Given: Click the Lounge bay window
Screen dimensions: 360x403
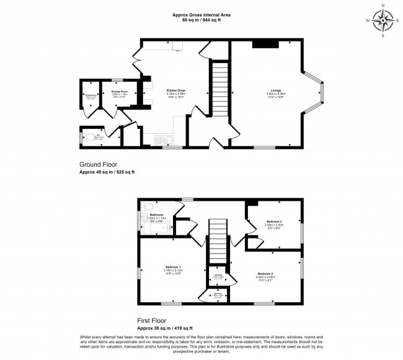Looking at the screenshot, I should point(317,94).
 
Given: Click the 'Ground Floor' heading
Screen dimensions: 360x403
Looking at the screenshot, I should point(99,164).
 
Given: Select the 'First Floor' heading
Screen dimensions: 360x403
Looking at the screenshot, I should point(154,321).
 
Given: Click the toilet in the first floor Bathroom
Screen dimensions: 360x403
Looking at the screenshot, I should point(147,207).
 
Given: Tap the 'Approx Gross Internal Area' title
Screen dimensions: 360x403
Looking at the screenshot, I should point(201,15).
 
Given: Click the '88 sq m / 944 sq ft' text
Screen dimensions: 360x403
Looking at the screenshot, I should point(201,20).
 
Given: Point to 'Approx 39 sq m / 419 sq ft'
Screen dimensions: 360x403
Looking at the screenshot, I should point(165,328).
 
